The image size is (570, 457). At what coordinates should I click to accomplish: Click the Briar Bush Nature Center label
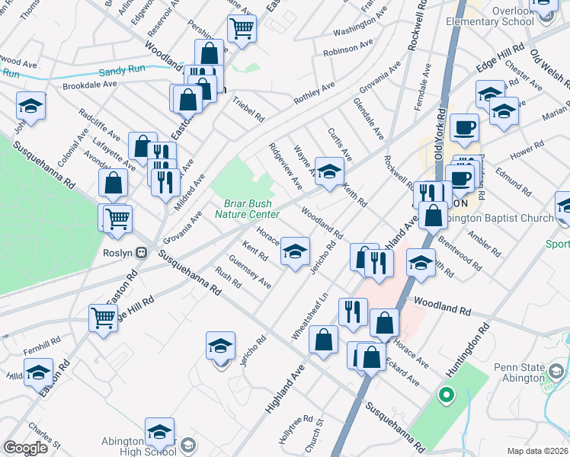tap(247, 208)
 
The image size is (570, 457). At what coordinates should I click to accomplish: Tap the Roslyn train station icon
tap(141, 253)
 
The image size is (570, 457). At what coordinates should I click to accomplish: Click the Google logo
tap(25, 448)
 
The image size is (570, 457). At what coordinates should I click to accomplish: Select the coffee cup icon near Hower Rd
tap(464, 128)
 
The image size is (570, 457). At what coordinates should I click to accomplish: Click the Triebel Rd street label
tap(248, 108)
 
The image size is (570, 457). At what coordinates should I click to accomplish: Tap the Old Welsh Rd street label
tap(545, 68)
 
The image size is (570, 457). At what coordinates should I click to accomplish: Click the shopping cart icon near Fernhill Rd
tap(103, 318)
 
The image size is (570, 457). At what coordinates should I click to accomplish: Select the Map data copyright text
tap(538, 451)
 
